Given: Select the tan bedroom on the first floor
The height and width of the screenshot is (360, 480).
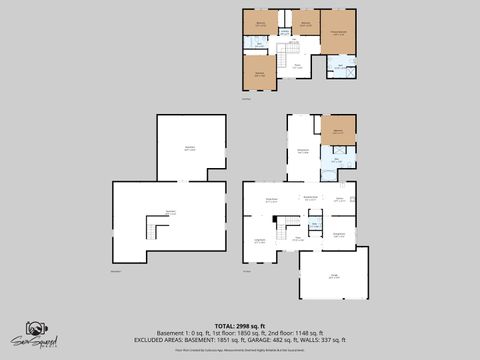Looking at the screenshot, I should [338, 130].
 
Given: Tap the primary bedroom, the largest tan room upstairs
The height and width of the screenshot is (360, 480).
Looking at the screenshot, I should [338, 33].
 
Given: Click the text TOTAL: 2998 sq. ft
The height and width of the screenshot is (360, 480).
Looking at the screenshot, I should [239, 326].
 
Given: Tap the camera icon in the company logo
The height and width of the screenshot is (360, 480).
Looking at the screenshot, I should [35, 329].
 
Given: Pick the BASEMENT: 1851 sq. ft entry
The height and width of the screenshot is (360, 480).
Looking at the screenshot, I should [201, 340].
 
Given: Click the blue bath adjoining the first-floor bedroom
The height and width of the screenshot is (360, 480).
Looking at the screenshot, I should [337, 159].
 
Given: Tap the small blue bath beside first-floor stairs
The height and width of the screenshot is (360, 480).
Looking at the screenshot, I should [314, 226].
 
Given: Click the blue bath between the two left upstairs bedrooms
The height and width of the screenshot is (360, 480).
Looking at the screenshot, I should [259, 44].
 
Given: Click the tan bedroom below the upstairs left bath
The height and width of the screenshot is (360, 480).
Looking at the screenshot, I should [259, 72].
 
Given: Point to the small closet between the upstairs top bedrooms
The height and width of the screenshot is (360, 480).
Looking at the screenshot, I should [285, 33].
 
